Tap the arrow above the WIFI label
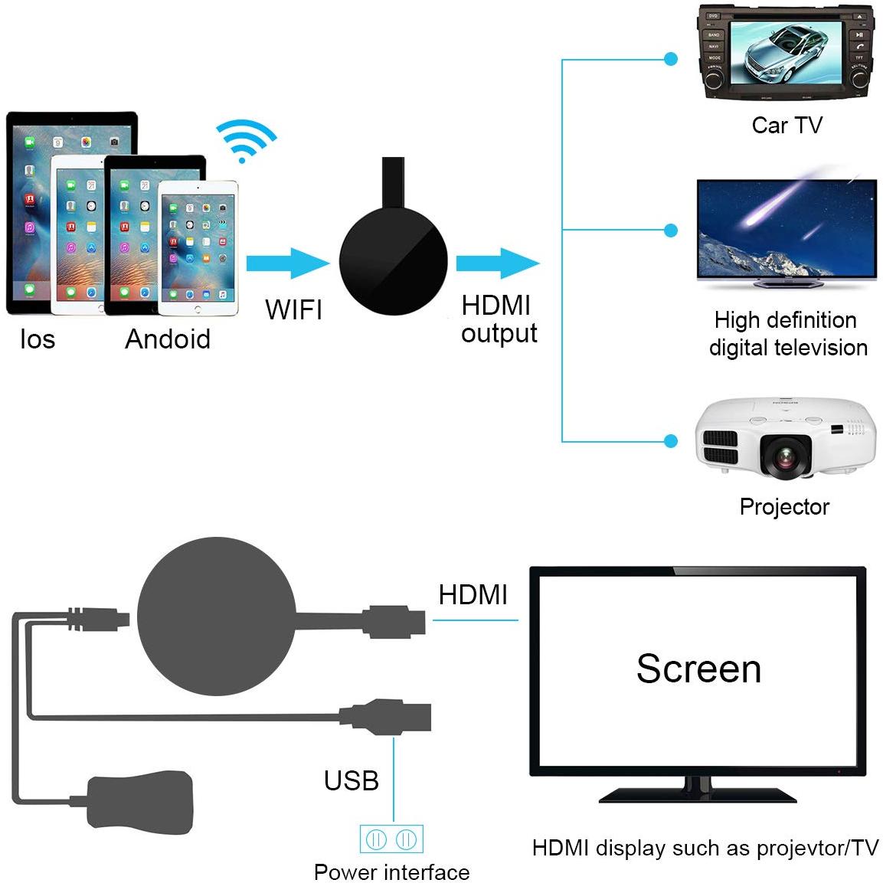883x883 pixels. click(286, 263)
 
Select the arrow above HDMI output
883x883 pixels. click(497, 263)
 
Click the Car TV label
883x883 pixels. click(787, 125)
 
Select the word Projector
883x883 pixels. click(784, 506)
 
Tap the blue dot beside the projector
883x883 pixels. click(672, 440)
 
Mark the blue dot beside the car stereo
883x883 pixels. click(672, 58)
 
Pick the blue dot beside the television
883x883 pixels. click(672, 230)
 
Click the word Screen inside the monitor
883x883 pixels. click(698, 669)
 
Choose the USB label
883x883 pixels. click(352, 780)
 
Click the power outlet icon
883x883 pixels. click(391, 839)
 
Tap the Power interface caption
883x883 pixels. click(391, 872)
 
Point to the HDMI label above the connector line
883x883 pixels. click(473, 594)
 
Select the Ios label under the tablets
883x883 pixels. click(38, 338)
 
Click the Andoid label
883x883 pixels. click(168, 338)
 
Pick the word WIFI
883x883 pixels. click(294, 309)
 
